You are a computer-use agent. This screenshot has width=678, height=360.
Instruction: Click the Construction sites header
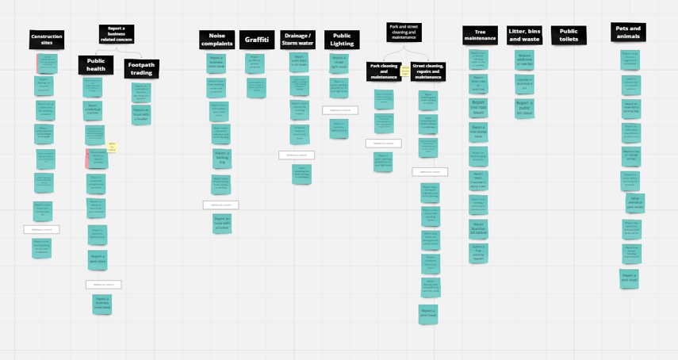coord(47,40)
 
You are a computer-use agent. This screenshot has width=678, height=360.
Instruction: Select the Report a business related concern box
coord(117,33)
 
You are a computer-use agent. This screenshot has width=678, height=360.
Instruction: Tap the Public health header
coord(95,64)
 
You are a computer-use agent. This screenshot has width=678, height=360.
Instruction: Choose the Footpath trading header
coord(141,69)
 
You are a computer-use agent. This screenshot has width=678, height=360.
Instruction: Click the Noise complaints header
coord(216,40)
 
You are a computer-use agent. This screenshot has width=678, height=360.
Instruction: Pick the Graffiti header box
coord(257,40)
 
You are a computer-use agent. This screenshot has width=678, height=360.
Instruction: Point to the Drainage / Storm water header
coord(298,40)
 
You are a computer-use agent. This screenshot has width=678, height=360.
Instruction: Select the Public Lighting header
coord(342,40)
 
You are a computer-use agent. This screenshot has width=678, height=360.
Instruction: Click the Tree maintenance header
coord(480,35)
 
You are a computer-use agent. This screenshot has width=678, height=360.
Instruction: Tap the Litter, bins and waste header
coord(523,35)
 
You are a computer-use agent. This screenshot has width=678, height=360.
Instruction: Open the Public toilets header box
coord(569,35)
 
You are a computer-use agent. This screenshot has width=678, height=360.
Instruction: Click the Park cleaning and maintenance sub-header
coord(383,71)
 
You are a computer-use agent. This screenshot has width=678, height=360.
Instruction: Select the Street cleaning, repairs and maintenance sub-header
coord(427,71)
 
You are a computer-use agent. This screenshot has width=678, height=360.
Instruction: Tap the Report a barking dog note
coord(221,158)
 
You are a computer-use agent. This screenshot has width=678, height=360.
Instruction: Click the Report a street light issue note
coord(339,61)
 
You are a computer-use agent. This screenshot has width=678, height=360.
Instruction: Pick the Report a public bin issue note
coord(524,108)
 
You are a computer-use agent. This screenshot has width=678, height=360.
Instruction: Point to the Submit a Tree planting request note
coord(479,253)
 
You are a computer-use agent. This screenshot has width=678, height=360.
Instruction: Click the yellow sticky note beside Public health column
coord(112,147)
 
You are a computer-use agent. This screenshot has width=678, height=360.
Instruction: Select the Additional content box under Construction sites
coord(41,229)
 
